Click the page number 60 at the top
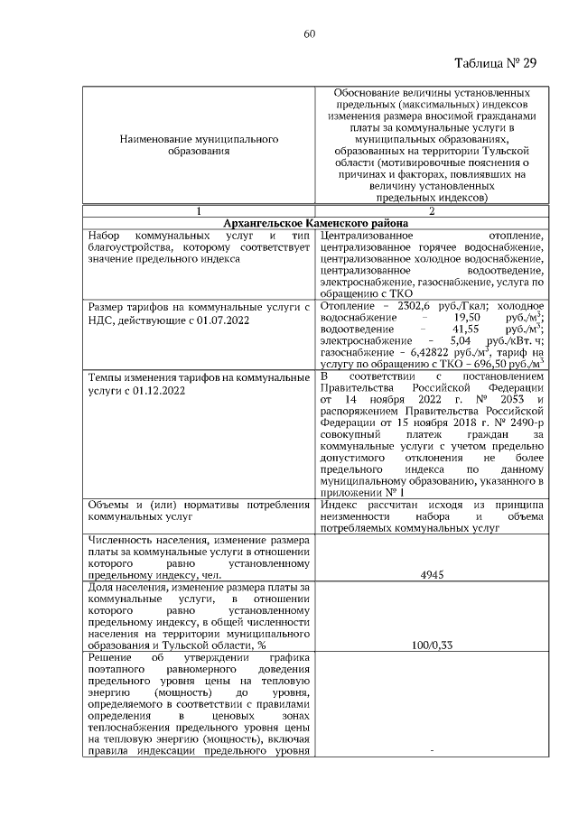pos(308,33)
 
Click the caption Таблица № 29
pos(496,63)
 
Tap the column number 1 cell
pos(199,210)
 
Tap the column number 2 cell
pos(431,210)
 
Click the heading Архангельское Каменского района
pos(315,223)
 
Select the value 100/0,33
pos(431,645)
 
